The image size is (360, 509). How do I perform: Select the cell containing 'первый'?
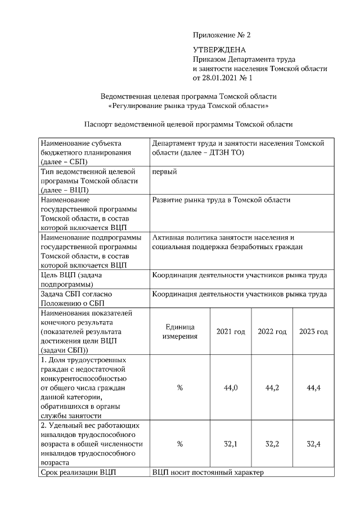164,172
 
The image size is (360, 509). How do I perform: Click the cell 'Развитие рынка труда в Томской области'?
221,200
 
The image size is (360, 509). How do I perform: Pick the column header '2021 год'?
231,332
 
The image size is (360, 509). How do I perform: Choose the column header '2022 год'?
272,332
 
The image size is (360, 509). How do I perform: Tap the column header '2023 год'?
313,332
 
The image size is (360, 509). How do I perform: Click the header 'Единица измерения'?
180,332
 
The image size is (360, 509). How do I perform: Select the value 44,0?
231,388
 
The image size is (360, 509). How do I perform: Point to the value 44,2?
272,388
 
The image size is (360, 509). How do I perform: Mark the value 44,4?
313,388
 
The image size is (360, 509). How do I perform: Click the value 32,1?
231,444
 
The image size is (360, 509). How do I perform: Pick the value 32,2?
272,444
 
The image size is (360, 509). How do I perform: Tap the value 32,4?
313,444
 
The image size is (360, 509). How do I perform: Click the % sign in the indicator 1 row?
180,388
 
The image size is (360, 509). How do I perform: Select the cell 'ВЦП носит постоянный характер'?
208,472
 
